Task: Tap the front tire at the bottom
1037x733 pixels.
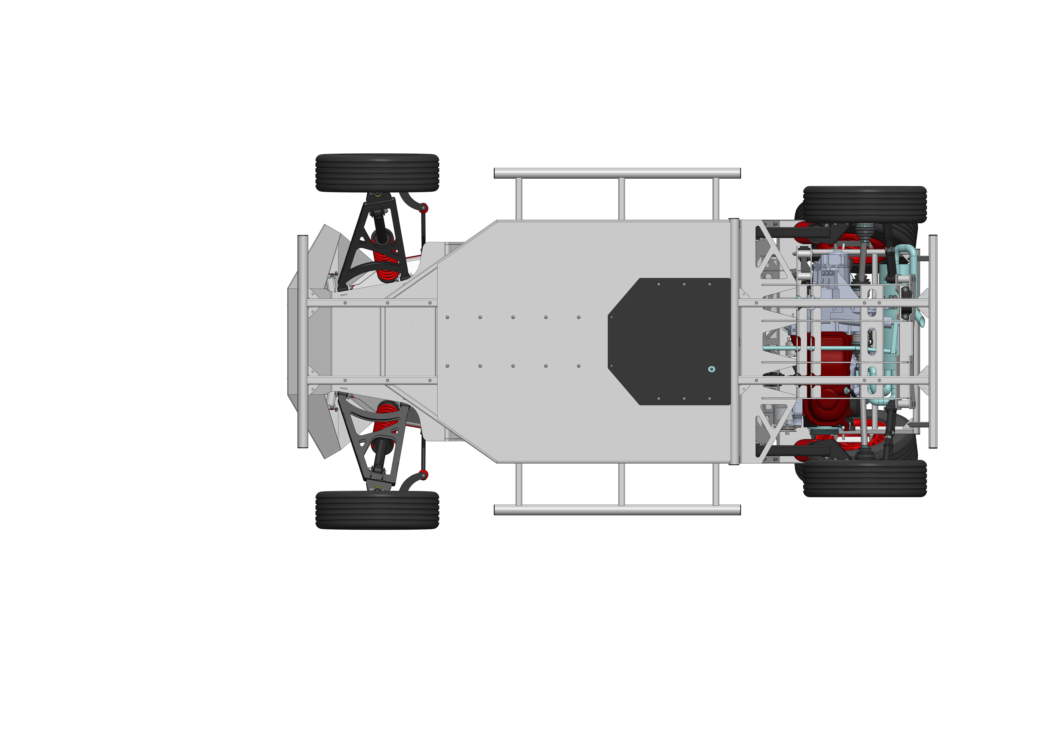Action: pyautogui.click(x=377, y=510)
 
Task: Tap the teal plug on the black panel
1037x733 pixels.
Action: pyautogui.click(x=712, y=369)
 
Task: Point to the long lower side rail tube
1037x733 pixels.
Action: pyautogui.click(x=617, y=510)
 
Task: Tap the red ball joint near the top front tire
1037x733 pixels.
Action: pyautogui.click(x=424, y=208)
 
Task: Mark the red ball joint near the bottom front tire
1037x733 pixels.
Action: pyautogui.click(x=424, y=474)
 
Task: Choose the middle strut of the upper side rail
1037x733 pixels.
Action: pyautogui.click(x=622, y=199)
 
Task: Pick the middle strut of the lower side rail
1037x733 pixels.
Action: pyautogui.click(x=622, y=484)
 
